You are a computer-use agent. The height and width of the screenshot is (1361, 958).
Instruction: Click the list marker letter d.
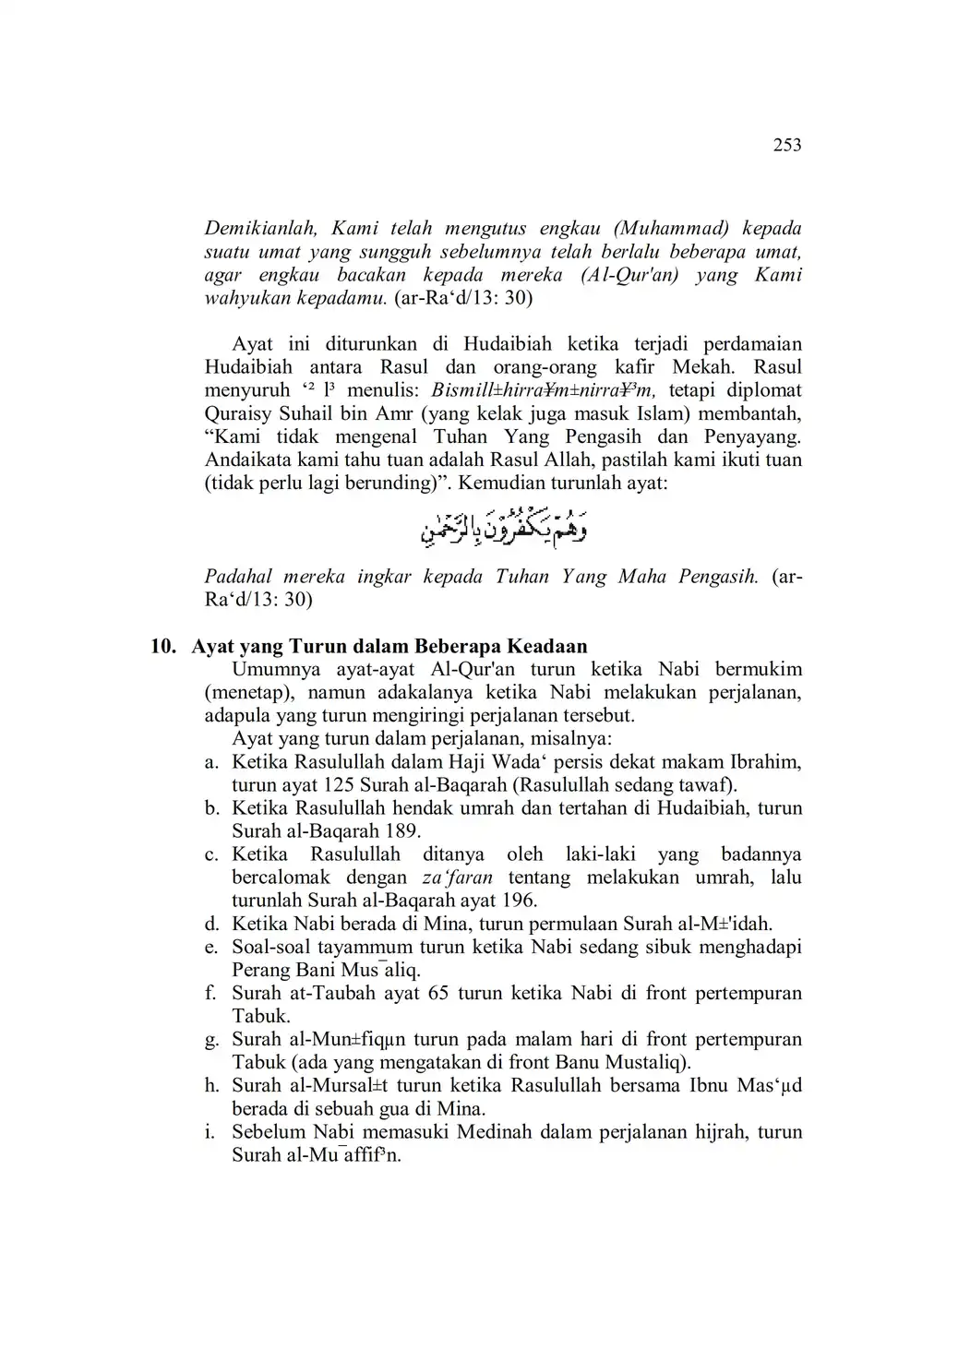tap(211, 924)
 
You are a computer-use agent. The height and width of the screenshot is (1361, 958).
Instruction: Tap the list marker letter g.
tap(211, 1040)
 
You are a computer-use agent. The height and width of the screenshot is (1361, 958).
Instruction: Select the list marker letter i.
tap(211, 1132)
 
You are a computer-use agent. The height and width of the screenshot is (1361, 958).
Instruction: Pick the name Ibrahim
tap(765, 762)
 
